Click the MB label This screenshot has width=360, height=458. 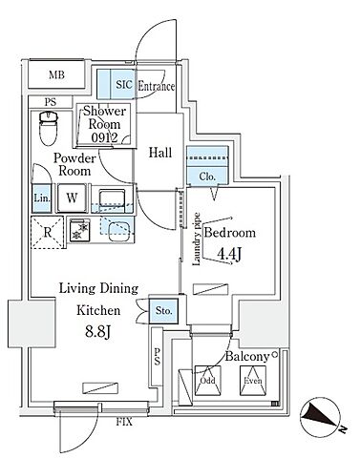(x=57, y=75)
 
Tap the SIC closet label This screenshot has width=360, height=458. (x=124, y=85)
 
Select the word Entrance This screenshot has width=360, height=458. (x=156, y=86)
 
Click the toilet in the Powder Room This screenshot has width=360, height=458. (x=49, y=128)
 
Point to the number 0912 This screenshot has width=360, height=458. (x=104, y=137)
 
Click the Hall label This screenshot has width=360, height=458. (x=160, y=153)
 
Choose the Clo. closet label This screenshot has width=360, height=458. (x=207, y=177)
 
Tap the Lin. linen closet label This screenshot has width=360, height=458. (x=42, y=198)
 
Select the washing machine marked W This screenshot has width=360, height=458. (x=72, y=198)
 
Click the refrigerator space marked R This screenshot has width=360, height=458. (x=48, y=233)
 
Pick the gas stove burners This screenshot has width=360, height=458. (x=79, y=231)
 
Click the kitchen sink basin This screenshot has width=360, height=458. (x=119, y=233)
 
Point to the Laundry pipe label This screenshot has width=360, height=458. (x=197, y=239)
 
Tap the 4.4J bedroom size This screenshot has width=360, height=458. (x=228, y=254)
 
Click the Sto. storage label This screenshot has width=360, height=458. (x=164, y=310)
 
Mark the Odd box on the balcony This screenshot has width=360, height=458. (x=208, y=381)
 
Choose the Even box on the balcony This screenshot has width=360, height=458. (x=253, y=381)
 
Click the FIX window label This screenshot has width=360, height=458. (x=123, y=423)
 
